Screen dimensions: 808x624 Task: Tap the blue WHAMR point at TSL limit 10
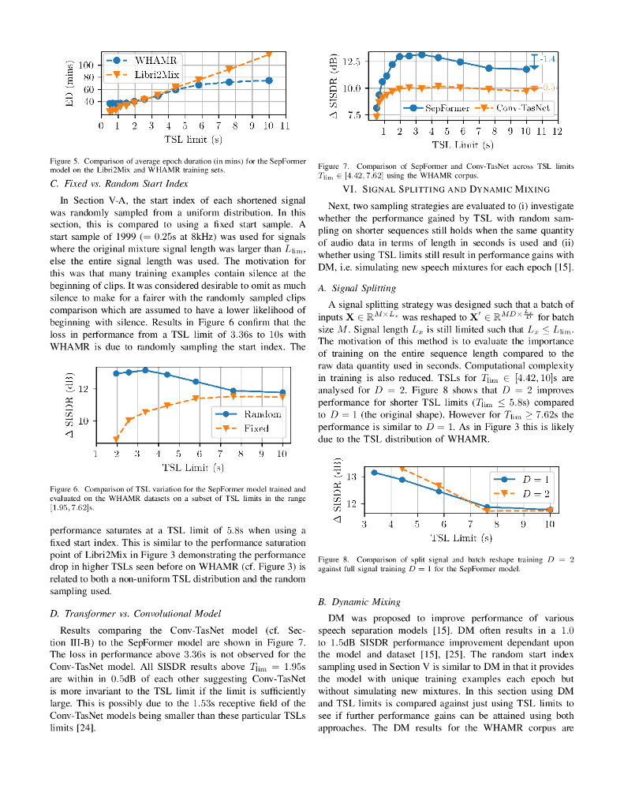[269, 80]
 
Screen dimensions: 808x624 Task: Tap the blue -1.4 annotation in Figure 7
[547, 59]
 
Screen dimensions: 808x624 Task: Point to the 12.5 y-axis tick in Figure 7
[351, 61]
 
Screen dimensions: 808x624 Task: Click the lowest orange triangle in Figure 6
[117, 440]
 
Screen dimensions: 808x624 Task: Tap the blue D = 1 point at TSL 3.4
[374, 472]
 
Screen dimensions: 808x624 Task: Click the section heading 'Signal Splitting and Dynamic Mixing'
[446, 189]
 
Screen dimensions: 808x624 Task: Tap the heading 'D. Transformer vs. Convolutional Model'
[135, 612]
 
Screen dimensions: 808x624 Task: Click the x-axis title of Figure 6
[193, 468]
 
